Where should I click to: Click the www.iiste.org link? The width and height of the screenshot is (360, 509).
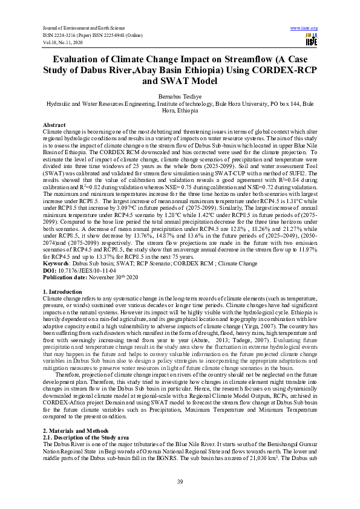coord(304,28)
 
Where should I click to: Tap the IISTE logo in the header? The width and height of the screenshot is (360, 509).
coord(311,41)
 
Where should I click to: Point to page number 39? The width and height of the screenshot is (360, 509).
coord(180,482)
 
